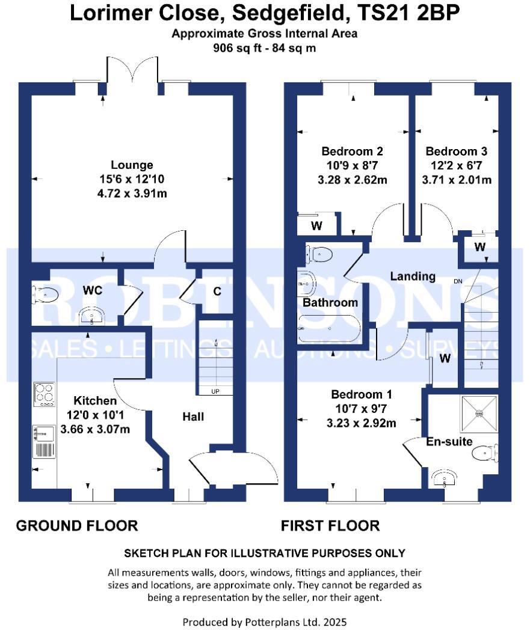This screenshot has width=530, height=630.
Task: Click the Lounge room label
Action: pyautogui.click(x=132, y=165)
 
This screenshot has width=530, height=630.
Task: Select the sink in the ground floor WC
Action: pyautogui.click(x=91, y=315)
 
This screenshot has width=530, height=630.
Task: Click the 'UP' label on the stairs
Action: pyautogui.click(x=215, y=392)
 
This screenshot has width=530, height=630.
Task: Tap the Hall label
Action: pyautogui.click(x=194, y=417)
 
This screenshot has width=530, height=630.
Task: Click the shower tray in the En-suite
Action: pyautogui.click(x=479, y=414)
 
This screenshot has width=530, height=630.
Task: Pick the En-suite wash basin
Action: pyautogui.click(x=445, y=478)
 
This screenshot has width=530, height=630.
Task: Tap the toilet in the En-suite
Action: pyautogui.click(x=487, y=453)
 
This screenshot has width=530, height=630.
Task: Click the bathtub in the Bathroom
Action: pyautogui.click(x=328, y=329)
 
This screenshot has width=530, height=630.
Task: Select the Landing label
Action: pyautogui.click(x=413, y=277)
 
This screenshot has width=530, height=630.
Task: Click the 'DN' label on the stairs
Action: pyautogui.click(x=458, y=281)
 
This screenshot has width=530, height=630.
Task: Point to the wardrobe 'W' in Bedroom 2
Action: pyautogui.click(x=316, y=227)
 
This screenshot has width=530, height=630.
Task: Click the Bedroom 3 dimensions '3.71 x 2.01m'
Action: pyautogui.click(x=456, y=180)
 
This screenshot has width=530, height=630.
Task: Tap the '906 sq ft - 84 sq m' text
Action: pyautogui.click(x=264, y=49)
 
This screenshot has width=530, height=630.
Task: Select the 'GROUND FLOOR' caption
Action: pyautogui.click(x=77, y=526)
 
